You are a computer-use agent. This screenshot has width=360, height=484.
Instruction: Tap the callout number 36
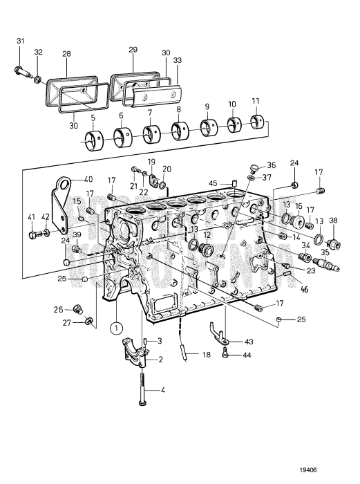click(x=271, y=165)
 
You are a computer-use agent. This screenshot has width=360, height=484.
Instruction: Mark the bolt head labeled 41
click(x=33, y=235)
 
